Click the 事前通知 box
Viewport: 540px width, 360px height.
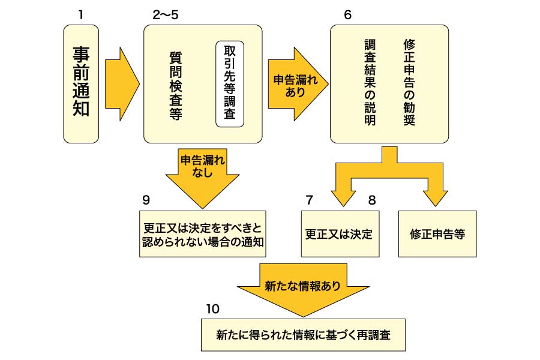(81, 83)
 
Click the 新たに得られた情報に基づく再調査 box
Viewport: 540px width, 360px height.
(303, 335)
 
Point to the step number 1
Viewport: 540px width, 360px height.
(80, 14)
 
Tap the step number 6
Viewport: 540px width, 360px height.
(348, 14)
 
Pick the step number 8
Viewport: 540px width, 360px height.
(372, 200)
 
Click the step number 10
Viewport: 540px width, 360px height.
(213, 309)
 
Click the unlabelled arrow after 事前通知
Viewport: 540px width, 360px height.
(121, 83)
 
